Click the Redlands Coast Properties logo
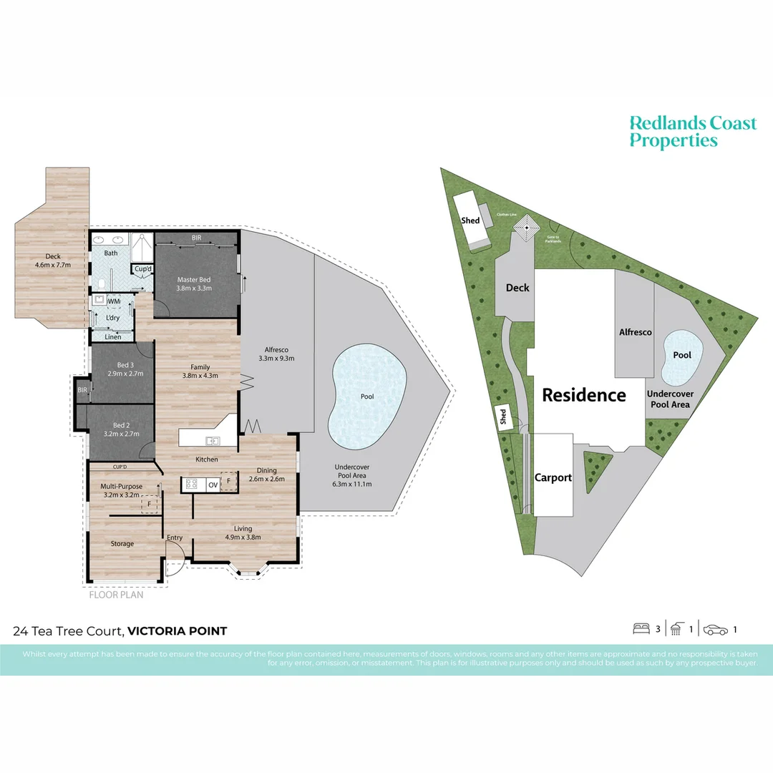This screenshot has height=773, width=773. click(x=692, y=132)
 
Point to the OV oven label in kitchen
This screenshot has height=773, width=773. click(x=213, y=485)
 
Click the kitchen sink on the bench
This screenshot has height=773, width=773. click(x=213, y=441)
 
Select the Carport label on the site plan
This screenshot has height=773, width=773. click(x=553, y=477)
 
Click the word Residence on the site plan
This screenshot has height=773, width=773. click(x=583, y=395)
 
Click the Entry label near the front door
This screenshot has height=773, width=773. click(x=175, y=538)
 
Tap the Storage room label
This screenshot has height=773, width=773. click(x=122, y=544)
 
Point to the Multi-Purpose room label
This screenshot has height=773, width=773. click(x=122, y=486)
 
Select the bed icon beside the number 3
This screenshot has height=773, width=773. click(x=641, y=630)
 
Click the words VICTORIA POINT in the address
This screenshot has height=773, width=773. click(x=178, y=631)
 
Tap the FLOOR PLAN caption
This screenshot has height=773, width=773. click(x=116, y=594)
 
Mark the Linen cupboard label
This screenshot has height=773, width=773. click(x=112, y=336)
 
